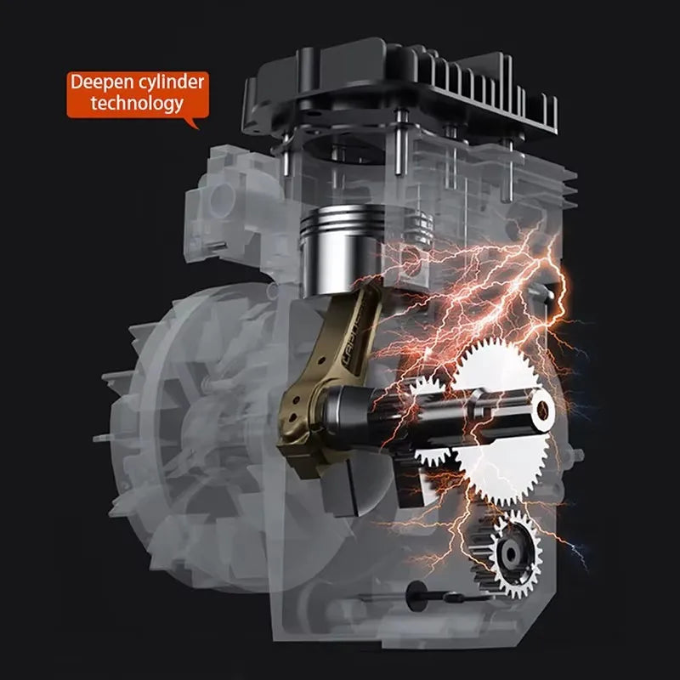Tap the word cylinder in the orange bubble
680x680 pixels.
(x=165, y=84)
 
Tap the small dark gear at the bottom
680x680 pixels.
(x=507, y=553)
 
